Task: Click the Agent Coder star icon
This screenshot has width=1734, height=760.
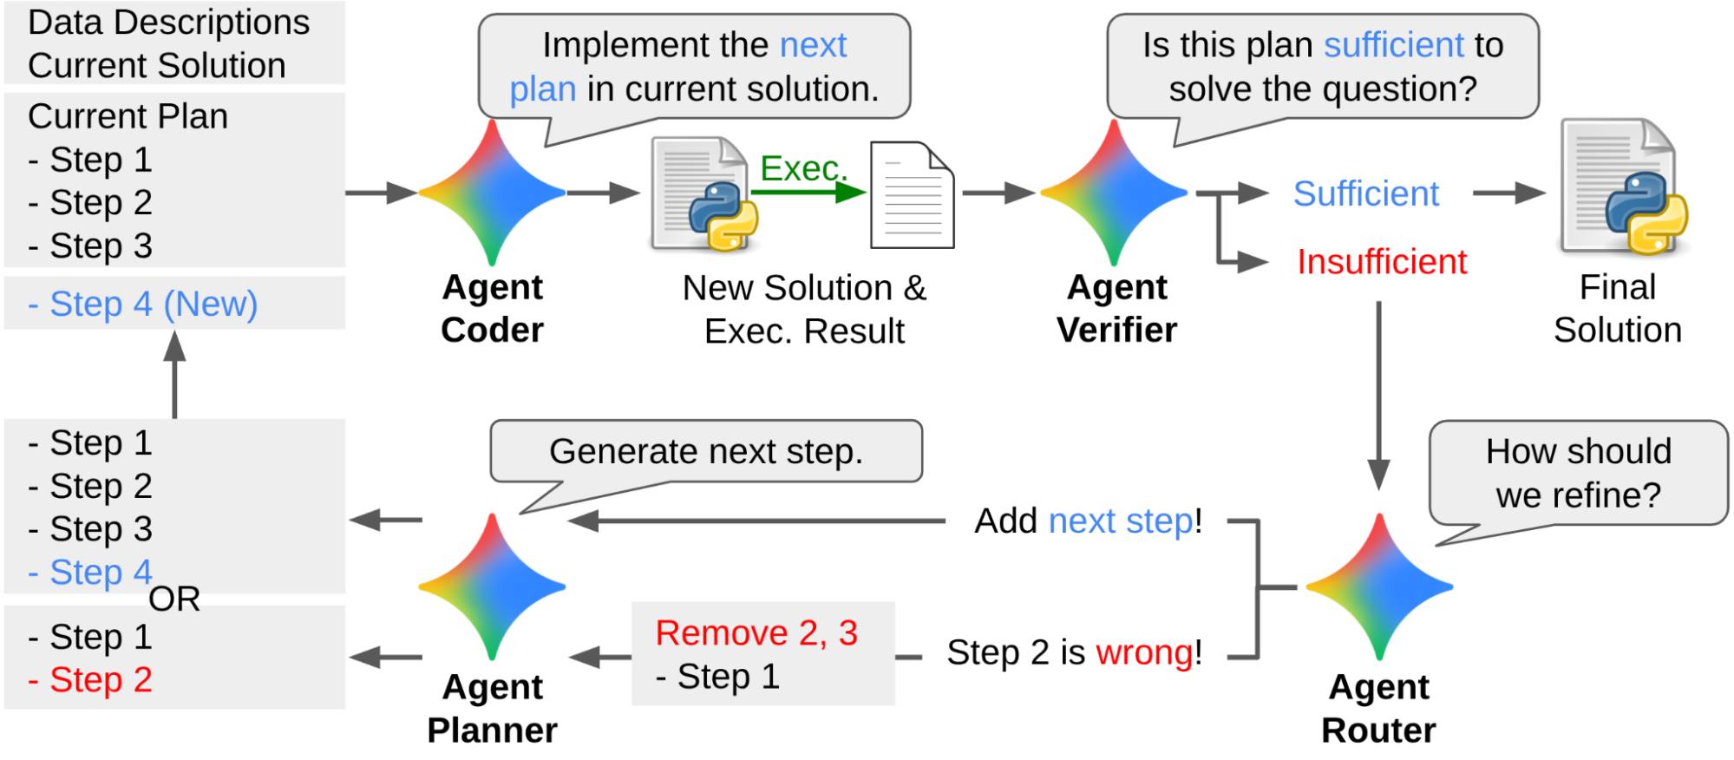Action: (x=492, y=193)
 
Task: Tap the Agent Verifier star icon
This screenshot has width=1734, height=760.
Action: (x=1114, y=193)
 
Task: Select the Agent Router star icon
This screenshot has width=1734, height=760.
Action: (x=1379, y=587)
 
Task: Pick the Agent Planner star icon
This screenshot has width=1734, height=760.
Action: (x=492, y=587)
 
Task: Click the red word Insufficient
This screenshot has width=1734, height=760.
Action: (x=1381, y=262)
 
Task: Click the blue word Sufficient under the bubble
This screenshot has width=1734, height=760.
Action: (x=1365, y=193)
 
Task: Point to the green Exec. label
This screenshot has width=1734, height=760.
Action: (x=802, y=168)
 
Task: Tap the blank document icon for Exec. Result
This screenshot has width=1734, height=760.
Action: (x=912, y=196)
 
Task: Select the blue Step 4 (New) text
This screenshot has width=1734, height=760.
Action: (x=143, y=305)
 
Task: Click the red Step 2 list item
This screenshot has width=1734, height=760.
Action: (x=91, y=679)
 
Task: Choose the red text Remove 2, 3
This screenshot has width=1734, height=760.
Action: (x=756, y=633)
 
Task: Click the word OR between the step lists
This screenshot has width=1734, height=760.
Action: (x=174, y=599)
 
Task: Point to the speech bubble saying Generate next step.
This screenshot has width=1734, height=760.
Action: (x=705, y=452)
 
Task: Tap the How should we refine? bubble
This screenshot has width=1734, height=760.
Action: (x=1577, y=474)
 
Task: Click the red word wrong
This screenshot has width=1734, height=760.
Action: (x=1144, y=652)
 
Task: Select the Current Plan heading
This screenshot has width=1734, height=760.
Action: (x=128, y=116)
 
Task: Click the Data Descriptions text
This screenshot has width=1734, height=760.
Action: (x=168, y=23)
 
